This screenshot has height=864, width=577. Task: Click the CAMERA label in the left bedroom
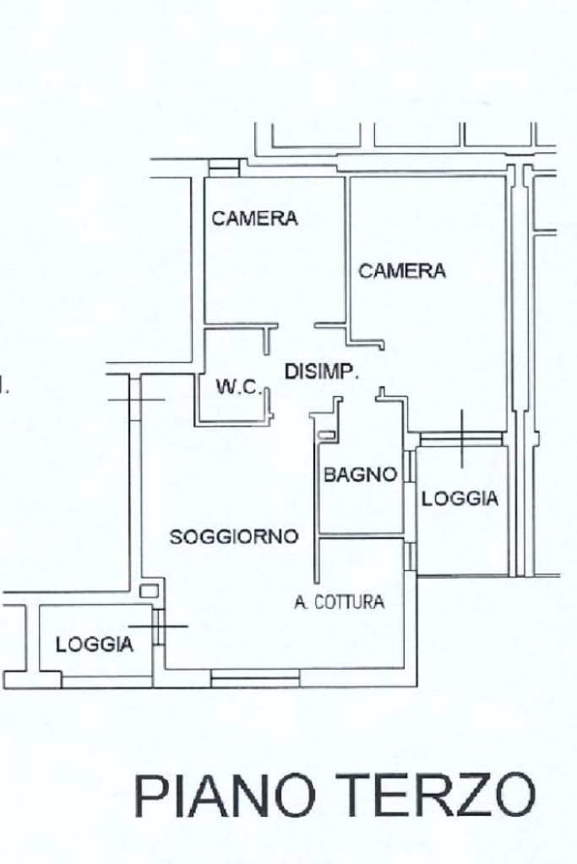pyautogui.click(x=254, y=218)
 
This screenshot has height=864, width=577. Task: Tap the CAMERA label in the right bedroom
pyautogui.click(x=402, y=270)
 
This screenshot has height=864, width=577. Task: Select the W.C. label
pyautogui.click(x=238, y=388)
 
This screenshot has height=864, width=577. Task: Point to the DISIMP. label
pyautogui.click(x=322, y=372)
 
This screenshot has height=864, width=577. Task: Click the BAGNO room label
pyautogui.click(x=361, y=474)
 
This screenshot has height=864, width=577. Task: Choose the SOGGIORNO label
pyautogui.click(x=234, y=536)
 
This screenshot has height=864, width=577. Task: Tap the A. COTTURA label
pyautogui.click(x=339, y=601)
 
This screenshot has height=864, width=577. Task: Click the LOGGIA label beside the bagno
pyautogui.click(x=460, y=498)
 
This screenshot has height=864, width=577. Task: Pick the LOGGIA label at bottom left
pyautogui.click(x=95, y=644)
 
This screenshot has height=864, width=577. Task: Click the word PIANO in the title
pyautogui.click(x=225, y=796)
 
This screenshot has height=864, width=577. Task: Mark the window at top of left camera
pyautogui.click(x=225, y=167)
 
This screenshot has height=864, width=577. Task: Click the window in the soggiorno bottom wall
pyautogui.click(x=255, y=678)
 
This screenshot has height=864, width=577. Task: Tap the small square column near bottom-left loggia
pyautogui.click(x=149, y=591)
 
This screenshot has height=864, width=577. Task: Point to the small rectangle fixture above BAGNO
pyautogui.click(x=326, y=435)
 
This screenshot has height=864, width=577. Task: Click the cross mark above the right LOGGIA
pyautogui.click(x=462, y=438)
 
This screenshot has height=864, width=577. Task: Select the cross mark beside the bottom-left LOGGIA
pyautogui.click(x=158, y=626)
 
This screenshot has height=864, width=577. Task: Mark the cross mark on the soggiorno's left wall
pyautogui.click(x=136, y=399)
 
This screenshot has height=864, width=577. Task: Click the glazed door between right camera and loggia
pyautogui.click(x=460, y=438)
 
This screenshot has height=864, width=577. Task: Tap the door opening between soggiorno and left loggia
pyautogui.click(x=158, y=627)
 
